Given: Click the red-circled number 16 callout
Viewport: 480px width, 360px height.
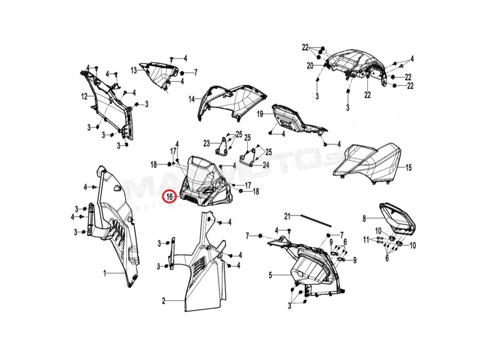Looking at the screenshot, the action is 169,196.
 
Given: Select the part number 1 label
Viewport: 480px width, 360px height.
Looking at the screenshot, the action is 105,272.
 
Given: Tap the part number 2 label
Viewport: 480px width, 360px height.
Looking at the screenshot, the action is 164,300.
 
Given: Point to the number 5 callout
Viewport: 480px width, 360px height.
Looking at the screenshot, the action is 270,275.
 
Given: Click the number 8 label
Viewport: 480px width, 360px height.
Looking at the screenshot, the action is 364,218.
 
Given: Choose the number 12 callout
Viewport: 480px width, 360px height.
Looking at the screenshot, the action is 84,97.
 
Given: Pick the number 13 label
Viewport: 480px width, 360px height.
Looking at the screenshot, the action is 134,70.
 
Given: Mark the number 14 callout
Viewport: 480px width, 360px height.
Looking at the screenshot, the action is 192,99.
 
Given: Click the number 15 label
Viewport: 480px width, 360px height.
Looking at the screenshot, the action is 408,167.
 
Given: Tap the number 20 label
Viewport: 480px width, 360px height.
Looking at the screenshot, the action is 310,66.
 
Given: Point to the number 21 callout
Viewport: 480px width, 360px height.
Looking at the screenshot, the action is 288,216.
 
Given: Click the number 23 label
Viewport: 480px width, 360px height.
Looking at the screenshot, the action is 207,142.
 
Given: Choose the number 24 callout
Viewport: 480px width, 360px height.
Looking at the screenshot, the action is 265,165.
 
